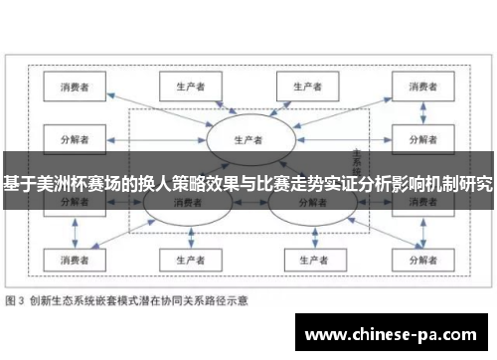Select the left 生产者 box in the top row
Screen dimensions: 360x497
click(x=184, y=86)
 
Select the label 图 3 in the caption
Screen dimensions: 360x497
click(x=17, y=298)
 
